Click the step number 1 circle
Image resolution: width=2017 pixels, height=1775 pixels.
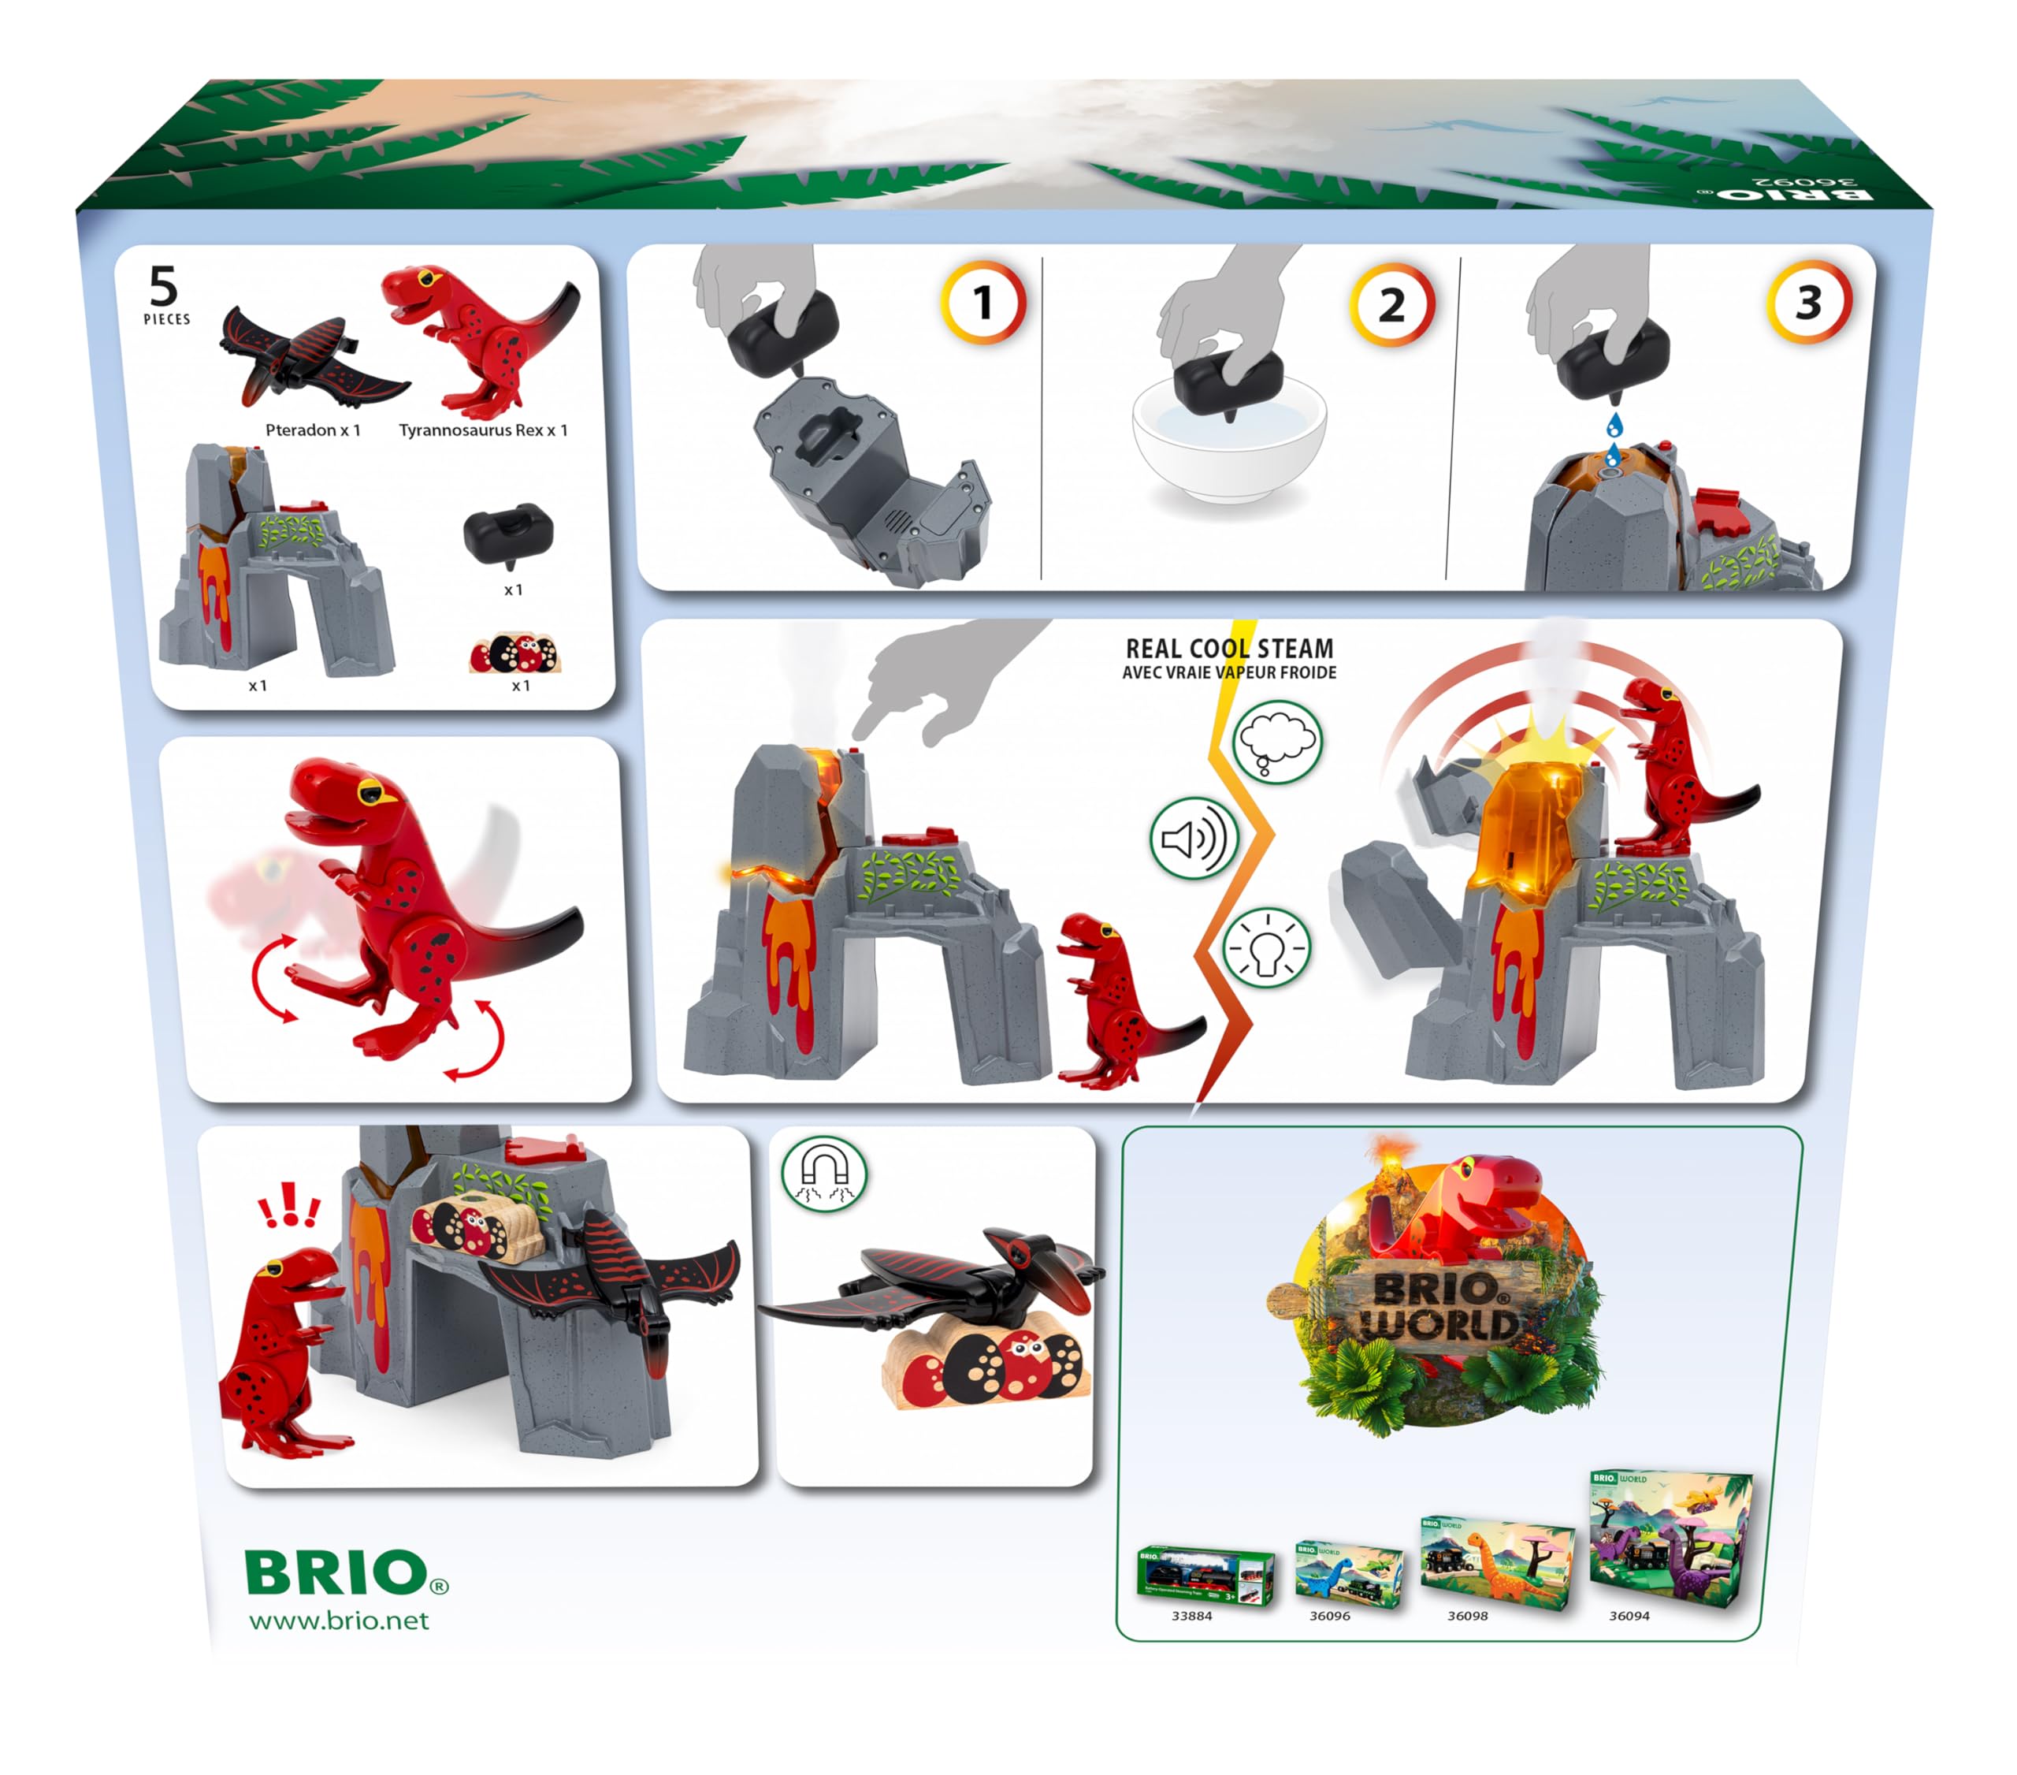(982, 303)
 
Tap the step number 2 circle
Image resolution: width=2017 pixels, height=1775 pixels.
(1391, 305)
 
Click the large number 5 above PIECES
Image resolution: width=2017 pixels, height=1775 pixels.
(164, 286)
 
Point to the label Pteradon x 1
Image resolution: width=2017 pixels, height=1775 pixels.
(313, 430)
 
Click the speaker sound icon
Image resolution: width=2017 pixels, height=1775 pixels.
(1193, 838)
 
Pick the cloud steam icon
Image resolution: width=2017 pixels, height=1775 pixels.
(1277, 742)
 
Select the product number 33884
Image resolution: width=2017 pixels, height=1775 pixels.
(1191, 1616)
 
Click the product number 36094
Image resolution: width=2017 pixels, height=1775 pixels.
(1629, 1616)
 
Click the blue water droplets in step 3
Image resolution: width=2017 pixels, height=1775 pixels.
(1614, 439)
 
